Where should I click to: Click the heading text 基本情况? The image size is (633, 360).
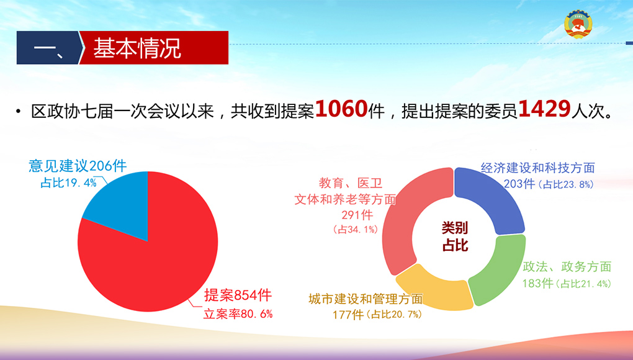click(137, 48)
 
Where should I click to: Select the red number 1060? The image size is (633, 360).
click(341, 109)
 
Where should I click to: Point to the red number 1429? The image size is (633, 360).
click(544, 109)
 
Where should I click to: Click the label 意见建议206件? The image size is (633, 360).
click(78, 166)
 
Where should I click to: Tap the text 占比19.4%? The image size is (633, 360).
click(69, 183)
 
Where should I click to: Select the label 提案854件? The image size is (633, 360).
click(238, 295)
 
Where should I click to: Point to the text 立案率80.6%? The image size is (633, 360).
click(238, 313)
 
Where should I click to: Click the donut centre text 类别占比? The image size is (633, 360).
click(454, 236)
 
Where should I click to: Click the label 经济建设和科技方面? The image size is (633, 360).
click(537, 168)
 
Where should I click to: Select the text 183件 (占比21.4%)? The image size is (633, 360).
click(567, 283)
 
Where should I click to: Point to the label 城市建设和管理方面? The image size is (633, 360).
click(366, 299)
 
